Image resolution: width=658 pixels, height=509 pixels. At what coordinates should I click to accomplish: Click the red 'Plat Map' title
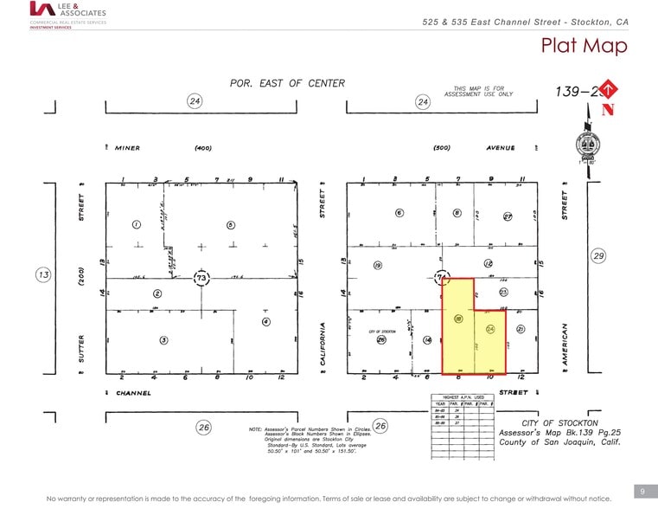[584, 46]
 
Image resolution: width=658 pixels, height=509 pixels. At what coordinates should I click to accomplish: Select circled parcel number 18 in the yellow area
[458, 319]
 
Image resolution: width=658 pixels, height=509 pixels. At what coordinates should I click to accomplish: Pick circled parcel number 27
[508, 216]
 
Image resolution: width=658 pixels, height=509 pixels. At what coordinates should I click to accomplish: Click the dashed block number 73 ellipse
[201, 277]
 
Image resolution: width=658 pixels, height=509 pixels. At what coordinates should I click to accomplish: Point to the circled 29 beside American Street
[597, 255]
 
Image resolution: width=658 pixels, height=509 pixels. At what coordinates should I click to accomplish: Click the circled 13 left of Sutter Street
[43, 275]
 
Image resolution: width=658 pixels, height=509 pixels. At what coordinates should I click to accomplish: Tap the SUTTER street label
[81, 351]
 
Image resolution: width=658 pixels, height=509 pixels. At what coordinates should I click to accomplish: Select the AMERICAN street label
[564, 344]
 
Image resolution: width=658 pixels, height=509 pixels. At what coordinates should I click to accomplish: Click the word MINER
[127, 148]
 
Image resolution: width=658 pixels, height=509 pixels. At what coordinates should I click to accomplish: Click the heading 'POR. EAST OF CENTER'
[287, 84]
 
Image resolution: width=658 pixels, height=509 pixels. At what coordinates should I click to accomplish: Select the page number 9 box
[642, 491]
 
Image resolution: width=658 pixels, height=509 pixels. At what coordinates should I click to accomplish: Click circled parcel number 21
[520, 329]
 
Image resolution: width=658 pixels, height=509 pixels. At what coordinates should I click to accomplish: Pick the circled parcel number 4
[265, 322]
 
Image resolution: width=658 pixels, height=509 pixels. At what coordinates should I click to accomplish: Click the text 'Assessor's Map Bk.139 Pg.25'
[548, 433]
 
